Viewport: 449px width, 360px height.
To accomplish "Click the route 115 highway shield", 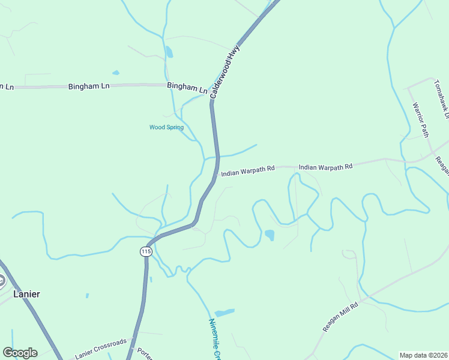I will (146, 251).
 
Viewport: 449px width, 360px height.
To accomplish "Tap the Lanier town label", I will (27, 294).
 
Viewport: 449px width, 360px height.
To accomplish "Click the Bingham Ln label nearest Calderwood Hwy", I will (187, 88).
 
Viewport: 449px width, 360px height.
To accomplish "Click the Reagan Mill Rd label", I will (340, 317).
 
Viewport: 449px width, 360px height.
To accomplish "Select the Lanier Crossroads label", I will (101, 349).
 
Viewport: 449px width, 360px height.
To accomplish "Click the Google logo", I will (20, 353).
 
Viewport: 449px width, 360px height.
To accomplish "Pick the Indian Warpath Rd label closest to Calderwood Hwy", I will (247, 171).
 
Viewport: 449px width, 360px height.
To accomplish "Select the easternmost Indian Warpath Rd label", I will (325, 167).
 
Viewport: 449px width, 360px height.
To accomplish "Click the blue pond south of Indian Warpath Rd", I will (270, 235).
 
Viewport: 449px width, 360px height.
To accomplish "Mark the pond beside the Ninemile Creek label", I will (224, 313).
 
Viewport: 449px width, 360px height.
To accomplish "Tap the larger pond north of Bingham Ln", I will (169, 52).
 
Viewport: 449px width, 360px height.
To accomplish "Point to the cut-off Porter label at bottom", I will (144, 353).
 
